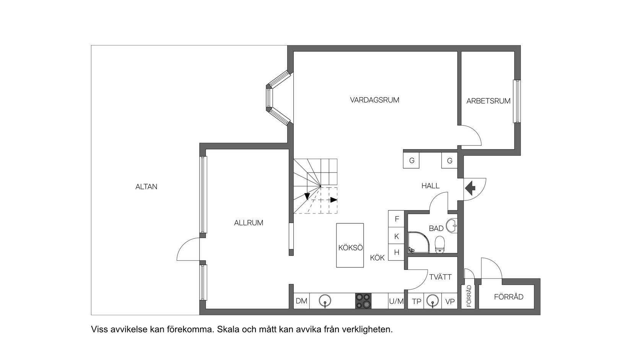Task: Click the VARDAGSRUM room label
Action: (374, 100)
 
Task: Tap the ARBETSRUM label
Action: (488, 101)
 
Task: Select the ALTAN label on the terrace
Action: (146, 187)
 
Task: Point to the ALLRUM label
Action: (249, 223)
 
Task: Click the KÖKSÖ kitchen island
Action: (350, 246)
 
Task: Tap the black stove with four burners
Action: (363, 301)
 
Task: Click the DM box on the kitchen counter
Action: (301, 301)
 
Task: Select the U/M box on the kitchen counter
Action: (396, 301)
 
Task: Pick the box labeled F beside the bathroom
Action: (397, 219)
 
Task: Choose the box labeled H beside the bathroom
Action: (397, 252)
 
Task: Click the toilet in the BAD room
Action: (440, 244)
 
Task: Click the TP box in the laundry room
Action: (416, 301)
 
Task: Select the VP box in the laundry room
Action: (450, 301)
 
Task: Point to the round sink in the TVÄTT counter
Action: (433, 301)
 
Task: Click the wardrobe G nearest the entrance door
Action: (449, 161)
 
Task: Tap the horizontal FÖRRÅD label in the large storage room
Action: (508, 297)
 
